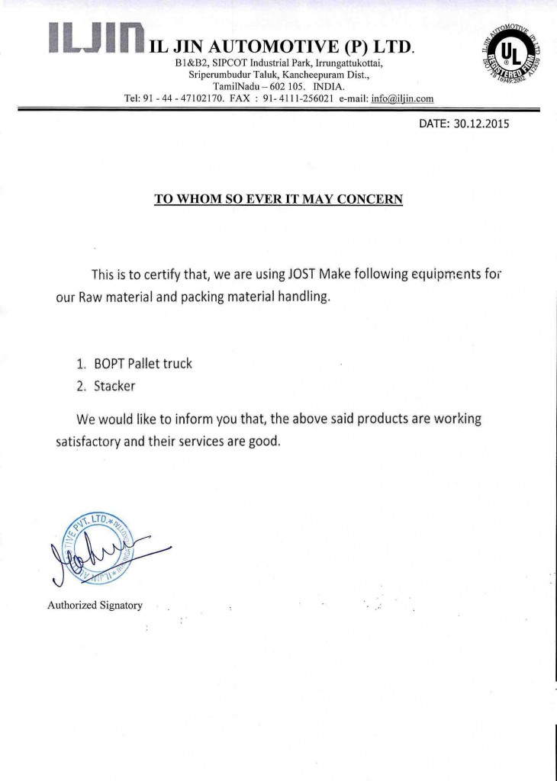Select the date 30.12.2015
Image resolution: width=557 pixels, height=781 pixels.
tap(481, 124)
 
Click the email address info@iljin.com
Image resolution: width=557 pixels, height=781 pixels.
tap(402, 98)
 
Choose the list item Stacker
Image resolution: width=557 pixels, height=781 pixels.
tap(114, 386)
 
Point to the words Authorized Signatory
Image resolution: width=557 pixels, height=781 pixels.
tap(95, 605)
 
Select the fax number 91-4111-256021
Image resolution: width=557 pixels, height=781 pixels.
tap(298, 98)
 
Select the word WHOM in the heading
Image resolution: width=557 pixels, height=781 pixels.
tap(201, 200)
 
